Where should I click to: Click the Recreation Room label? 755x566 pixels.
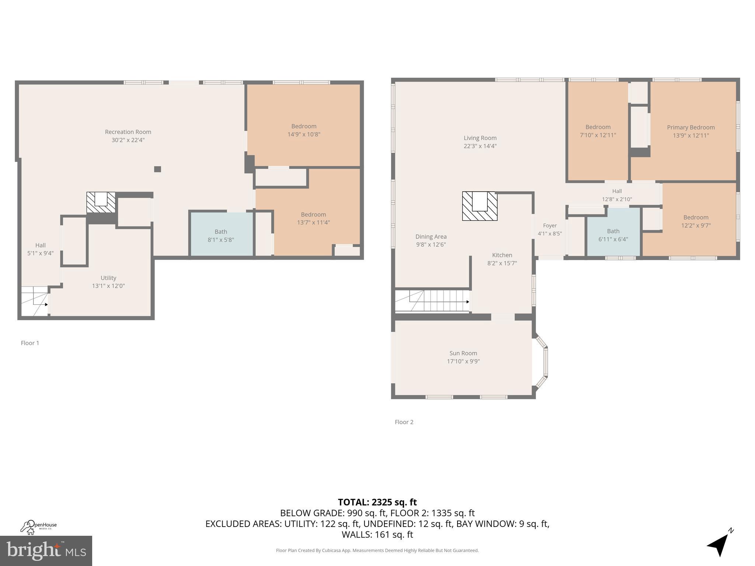click(128, 132)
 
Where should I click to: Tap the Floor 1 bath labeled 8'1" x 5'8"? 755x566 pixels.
click(221, 235)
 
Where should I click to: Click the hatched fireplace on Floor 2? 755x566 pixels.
click(480, 206)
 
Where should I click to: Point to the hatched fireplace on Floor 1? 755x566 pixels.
click(101, 203)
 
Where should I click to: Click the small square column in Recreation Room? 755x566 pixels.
click(157, 169)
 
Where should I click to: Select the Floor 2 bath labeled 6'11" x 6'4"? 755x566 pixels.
click(613, 235)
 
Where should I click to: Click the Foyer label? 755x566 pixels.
click(550, 226)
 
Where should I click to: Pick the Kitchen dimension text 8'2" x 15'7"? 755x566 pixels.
click(502, 263)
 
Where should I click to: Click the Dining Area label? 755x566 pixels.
click(431, 237)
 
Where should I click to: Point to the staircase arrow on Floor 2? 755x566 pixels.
click(467, 302)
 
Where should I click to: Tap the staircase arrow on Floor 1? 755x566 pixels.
click(46, 304)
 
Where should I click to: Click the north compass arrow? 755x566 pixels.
click(719, 546)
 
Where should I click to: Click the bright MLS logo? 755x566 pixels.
click(46, 551)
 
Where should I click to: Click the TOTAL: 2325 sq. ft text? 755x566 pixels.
click(377, 502)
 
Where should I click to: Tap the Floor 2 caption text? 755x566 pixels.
click(404, 422)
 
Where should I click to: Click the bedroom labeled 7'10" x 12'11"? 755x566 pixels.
click(598, 131)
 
